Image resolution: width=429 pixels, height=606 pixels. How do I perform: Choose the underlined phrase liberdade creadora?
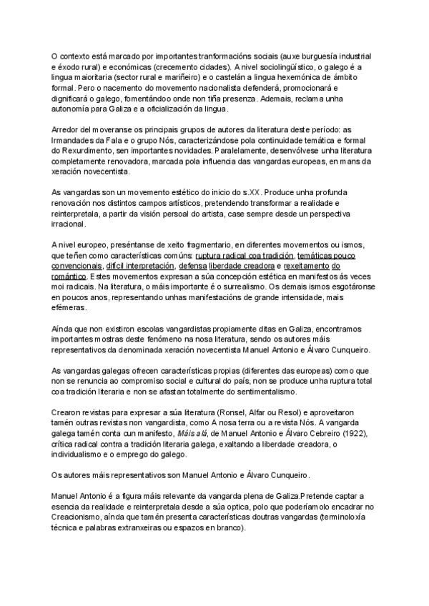click(242, 266)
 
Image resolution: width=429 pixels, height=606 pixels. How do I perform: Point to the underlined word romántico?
click(69, 277)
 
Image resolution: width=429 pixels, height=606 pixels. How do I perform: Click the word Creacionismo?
click(77, 508)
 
